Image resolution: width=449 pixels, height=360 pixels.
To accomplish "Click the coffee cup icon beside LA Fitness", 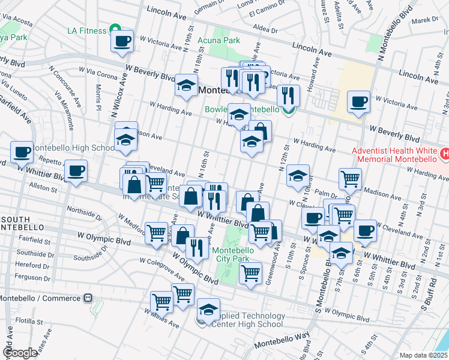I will tap(122, 41).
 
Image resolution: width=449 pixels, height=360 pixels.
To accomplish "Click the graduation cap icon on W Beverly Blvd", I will tap(187, 86).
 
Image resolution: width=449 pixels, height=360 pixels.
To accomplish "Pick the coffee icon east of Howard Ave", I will tap(359, 101).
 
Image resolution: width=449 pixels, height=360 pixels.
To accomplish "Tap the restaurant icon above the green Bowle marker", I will tap(288, 94).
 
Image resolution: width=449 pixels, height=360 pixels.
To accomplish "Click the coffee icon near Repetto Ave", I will tap(76, 170).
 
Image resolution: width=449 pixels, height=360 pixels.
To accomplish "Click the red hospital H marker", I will tap(444, 154).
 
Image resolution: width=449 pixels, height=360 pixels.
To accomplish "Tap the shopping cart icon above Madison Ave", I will tap(350, 178).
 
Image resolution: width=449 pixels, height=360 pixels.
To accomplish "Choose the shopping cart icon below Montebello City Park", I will tap(250, 273).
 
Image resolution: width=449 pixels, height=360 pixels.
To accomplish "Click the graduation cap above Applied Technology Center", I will tap(208, 309).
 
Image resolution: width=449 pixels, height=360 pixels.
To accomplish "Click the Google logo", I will tap(20, 353).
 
